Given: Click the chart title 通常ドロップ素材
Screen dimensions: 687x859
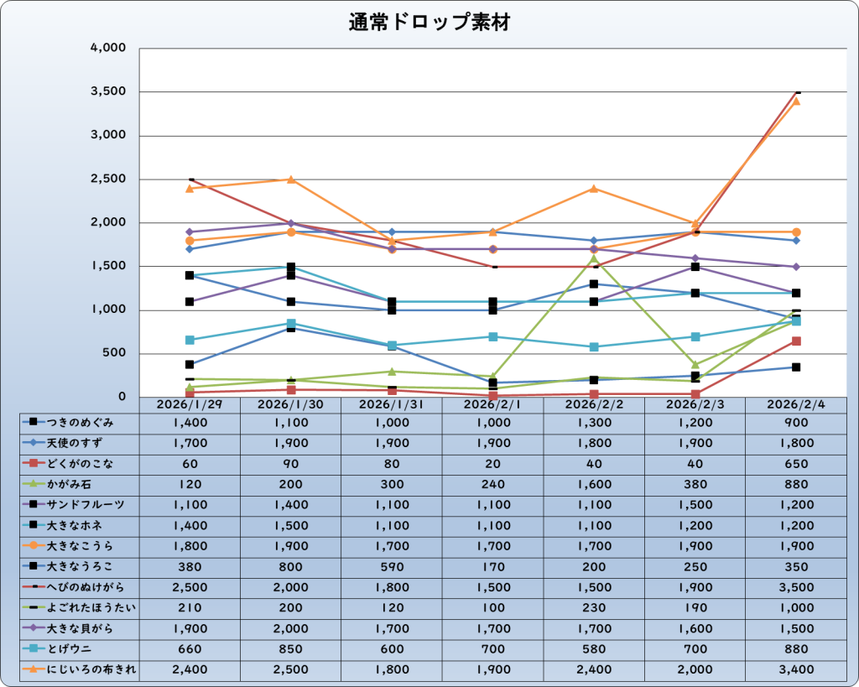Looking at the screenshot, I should click(x=429, y=23).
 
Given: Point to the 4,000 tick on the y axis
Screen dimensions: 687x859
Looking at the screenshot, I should click(x=107, y=48).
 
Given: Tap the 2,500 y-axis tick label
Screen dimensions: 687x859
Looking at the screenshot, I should click(x=107, y=179).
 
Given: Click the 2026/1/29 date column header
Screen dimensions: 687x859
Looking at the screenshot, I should click(x=190, y=404).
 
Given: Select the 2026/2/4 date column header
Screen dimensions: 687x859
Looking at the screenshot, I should click(x=795, y=404).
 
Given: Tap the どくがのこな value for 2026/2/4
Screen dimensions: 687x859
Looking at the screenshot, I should click(x=795, y=463).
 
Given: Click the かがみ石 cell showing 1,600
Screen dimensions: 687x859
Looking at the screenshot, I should click(x=594, y=484).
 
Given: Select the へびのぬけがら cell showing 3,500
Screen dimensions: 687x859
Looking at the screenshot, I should click(x=795, y=586).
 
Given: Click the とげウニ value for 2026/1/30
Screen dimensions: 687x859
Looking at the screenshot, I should click(x=290, y=648).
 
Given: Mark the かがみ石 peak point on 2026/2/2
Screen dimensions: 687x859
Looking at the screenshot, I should click(x=594, y=258).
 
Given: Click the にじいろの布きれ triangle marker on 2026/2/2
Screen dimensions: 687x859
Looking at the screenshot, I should click(x=594, y=188).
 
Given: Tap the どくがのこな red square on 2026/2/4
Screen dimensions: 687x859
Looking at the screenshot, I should click(x=796, y=341).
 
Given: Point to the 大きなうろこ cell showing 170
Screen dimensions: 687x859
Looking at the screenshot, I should click(x=492, y=566).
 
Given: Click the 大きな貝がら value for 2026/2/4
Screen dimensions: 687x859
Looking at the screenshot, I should click(x=795, y=627).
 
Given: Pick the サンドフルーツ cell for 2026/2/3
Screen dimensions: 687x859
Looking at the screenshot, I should click(x=695, y=504).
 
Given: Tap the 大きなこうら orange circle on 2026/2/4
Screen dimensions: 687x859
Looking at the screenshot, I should click(x=796, y=232).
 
